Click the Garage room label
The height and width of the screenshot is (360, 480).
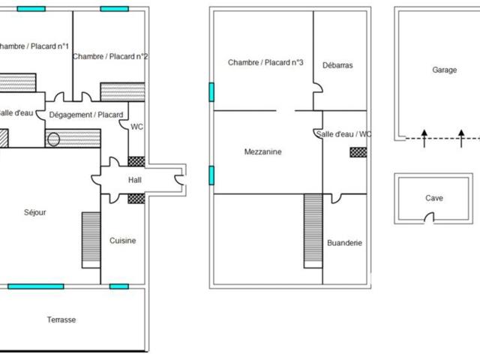(445, 70)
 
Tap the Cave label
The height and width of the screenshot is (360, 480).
(434, 198)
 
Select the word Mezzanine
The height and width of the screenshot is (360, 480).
(263, 151)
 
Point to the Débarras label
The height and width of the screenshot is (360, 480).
(337, 65)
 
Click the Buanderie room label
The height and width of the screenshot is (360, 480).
(345, 243)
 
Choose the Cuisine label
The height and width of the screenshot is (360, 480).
(123, 241)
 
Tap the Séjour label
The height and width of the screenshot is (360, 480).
(35, 212)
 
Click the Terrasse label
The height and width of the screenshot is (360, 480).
(61, 320)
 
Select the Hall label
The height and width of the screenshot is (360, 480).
(135, 180)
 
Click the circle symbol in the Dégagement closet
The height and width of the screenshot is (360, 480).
(53, 139)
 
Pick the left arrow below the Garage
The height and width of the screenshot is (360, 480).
(424, 139)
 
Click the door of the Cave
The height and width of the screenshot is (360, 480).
(429, 217)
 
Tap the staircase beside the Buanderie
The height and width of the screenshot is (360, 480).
(313, 231)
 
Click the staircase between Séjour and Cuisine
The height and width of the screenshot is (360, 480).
(91, 240)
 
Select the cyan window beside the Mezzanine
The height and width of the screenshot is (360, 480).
(211, 175)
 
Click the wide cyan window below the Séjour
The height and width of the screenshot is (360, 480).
(36, 286)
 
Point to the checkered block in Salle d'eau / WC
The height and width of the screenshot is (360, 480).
(358, 152)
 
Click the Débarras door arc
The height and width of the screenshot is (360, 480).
(318, 88)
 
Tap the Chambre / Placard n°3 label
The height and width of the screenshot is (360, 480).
(265, 63)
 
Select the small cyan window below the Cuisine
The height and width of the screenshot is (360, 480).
(119, 286)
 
